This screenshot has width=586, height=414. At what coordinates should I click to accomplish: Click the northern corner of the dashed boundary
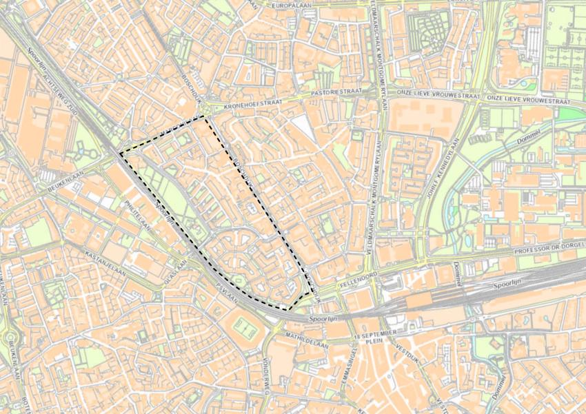coord(205,118)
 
